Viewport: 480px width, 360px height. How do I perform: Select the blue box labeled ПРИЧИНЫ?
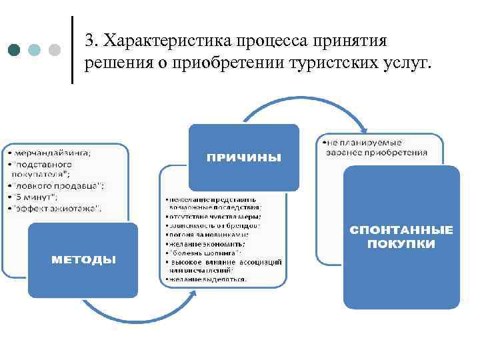pos(243,157)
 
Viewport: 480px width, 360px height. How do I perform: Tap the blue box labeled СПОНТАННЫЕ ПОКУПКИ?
pos(401,237)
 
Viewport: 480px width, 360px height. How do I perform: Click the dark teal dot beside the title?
pos(15,51)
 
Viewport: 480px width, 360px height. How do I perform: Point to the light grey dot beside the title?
pos(55,51)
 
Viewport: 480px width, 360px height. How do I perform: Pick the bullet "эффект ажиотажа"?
pos(57,208)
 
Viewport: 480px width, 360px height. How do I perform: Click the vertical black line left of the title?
pos(72,50)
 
